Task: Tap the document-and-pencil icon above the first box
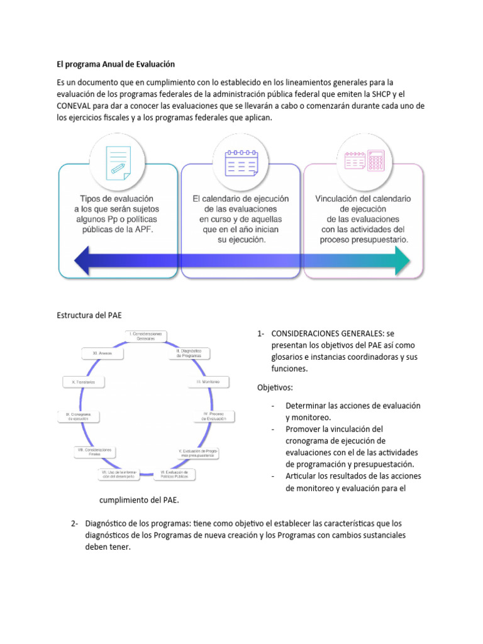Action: tap(117, 159)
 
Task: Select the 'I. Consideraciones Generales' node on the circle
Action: tap(146, 336)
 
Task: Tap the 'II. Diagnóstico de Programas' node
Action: tap(188, 353)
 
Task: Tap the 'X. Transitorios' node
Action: tap(84, 382)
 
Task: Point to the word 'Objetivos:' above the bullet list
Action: tap(275, 387)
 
